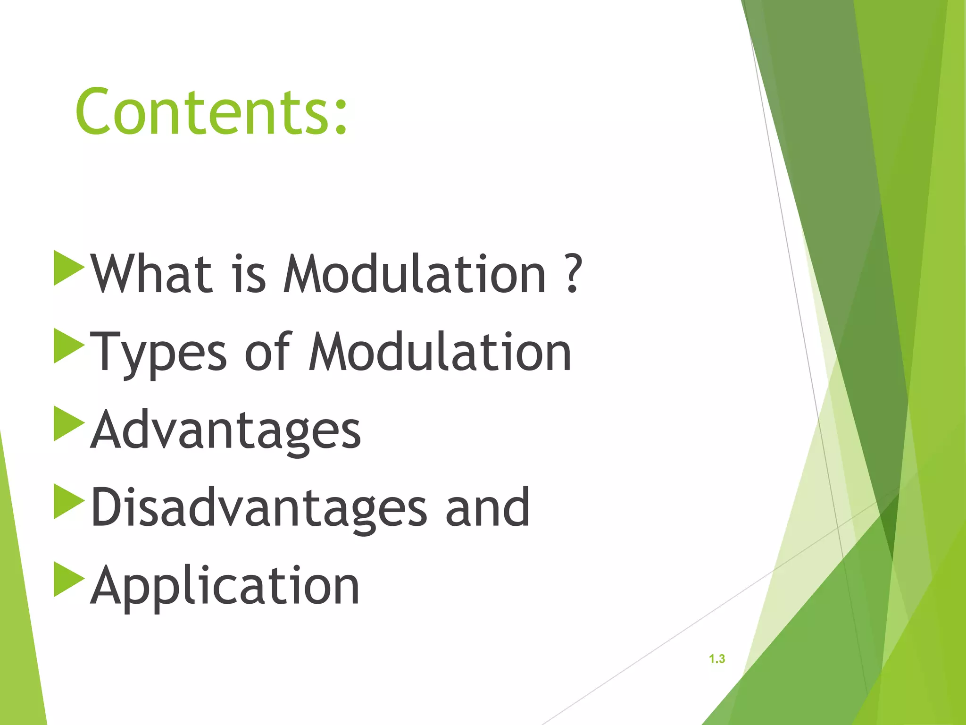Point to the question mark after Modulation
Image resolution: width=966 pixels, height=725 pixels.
click(573, 274)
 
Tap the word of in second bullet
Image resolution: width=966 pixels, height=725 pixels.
click(267, 352)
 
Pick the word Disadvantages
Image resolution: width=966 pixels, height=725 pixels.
click(258, 508)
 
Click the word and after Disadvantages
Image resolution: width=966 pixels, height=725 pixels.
click(488, 508)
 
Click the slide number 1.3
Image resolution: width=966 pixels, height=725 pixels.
click(716, 659)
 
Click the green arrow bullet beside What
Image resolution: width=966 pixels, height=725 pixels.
click(67, 268)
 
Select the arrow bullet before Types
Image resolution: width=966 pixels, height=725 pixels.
click(67, 346)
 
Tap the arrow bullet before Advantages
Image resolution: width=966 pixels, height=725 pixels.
click(67, 423)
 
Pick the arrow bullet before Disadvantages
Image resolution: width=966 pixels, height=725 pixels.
click(67, 501)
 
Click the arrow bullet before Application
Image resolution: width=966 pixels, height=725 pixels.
click(67, 579)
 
